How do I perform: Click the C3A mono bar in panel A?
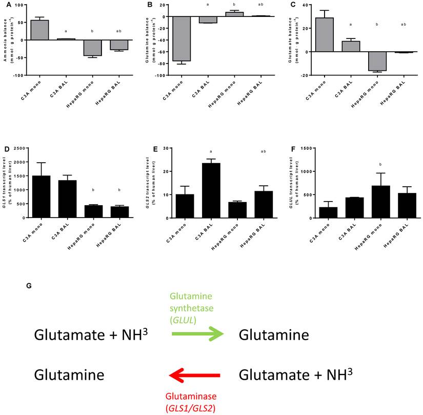[x=39, y=30]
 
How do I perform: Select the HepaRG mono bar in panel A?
[x=93, y=48]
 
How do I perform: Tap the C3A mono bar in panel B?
[x=181, y=38]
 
